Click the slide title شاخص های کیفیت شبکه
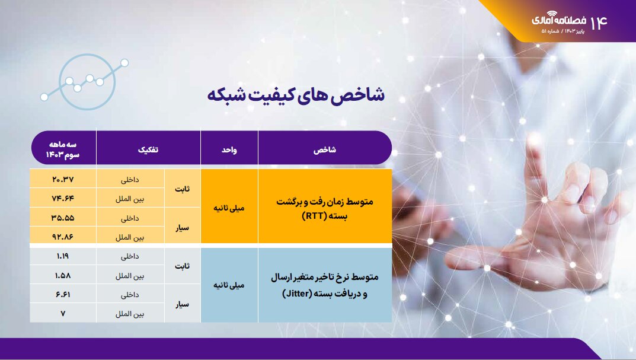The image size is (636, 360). (x=296, y=95)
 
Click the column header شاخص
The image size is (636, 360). (x=324, y=151)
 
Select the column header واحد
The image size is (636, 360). (x=229, y=151)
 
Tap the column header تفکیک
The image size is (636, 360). (x=148, y=151)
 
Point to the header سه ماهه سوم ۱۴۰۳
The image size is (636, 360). (x=63, y=150)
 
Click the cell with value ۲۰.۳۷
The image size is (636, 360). (x=63, y=179)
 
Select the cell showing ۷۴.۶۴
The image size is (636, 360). (x=63, y=198)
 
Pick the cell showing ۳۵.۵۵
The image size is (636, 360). (x=63, y=217)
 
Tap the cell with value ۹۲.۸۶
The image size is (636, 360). (x=63, y=236)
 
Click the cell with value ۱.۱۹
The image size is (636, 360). (x=63, y=257)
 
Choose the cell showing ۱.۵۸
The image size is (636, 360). (x=63, y=276)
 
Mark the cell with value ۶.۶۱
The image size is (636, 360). (x=63, y=295)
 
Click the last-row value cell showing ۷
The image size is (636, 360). (x=63, y=313)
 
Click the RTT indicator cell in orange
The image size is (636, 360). (x=324, y=208)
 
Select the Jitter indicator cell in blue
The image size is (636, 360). (x=324, y=285)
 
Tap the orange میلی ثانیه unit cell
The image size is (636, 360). (x=229, y=208)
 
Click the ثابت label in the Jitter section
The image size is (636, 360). (x=183, y=266)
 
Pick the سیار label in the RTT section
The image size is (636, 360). (x=183, y=227)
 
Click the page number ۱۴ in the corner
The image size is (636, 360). (x=599, y=22)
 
